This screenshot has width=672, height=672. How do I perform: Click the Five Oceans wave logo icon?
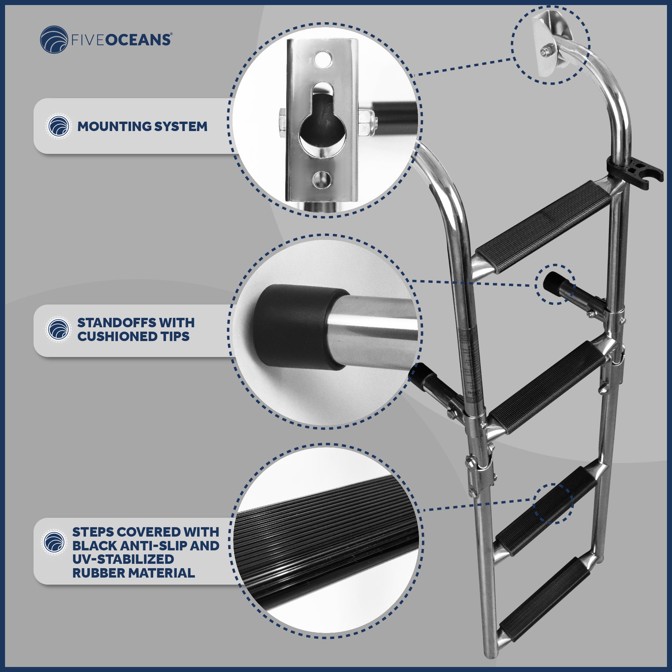click(x=54, y=39)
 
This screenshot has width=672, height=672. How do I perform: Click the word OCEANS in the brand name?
click(x=138, y=40)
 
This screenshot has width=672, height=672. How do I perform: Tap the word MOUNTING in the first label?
click(x=114, y=126)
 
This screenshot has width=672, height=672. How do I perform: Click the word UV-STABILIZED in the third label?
click(x=123, y=559)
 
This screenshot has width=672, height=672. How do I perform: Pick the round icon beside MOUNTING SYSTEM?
click(x=58, y=126)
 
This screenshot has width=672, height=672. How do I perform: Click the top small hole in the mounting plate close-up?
click(x=323, y=59)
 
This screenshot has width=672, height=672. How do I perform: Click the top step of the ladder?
click(x=543, y=227)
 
